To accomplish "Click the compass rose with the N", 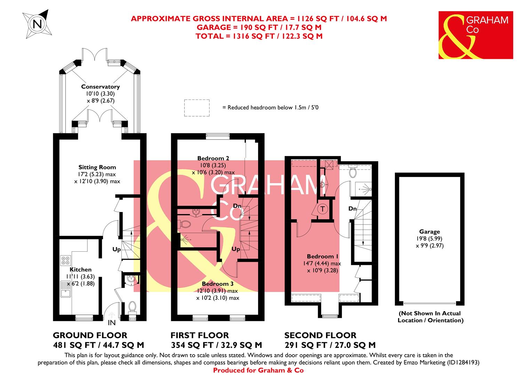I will [x=36, y=23].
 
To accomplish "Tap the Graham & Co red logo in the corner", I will [x=475, y=35].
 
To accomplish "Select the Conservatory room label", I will [x=100, y=87].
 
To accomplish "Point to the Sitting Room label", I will [x=97, y=167].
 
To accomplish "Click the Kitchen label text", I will [x=81, y=269].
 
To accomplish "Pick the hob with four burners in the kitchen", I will [x=65, y=260].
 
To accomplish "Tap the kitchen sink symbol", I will [x=65, y=289].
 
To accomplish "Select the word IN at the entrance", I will [x=112, y=323].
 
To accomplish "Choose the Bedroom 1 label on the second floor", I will [x=323, y=257].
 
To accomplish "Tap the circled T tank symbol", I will [x=323, y=209].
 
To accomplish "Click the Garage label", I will [x=430, y=232].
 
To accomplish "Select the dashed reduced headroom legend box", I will [x=197, y=108].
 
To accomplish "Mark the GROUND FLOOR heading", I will [x=90, y=336].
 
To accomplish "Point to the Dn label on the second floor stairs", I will [x=352, y=209].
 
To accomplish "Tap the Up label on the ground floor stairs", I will [x=117, y=249].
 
